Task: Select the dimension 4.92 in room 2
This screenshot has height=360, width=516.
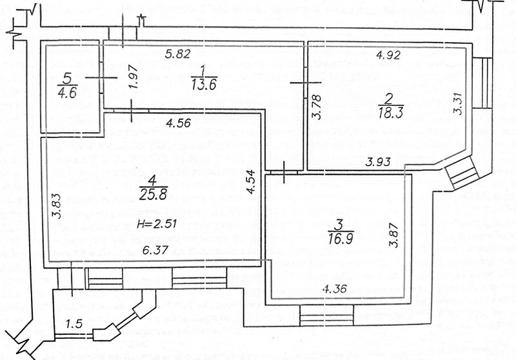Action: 389,55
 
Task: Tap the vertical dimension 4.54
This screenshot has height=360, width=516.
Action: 253,183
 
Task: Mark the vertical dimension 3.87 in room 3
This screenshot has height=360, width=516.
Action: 393,237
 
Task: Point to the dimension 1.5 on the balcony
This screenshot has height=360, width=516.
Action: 75,323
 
